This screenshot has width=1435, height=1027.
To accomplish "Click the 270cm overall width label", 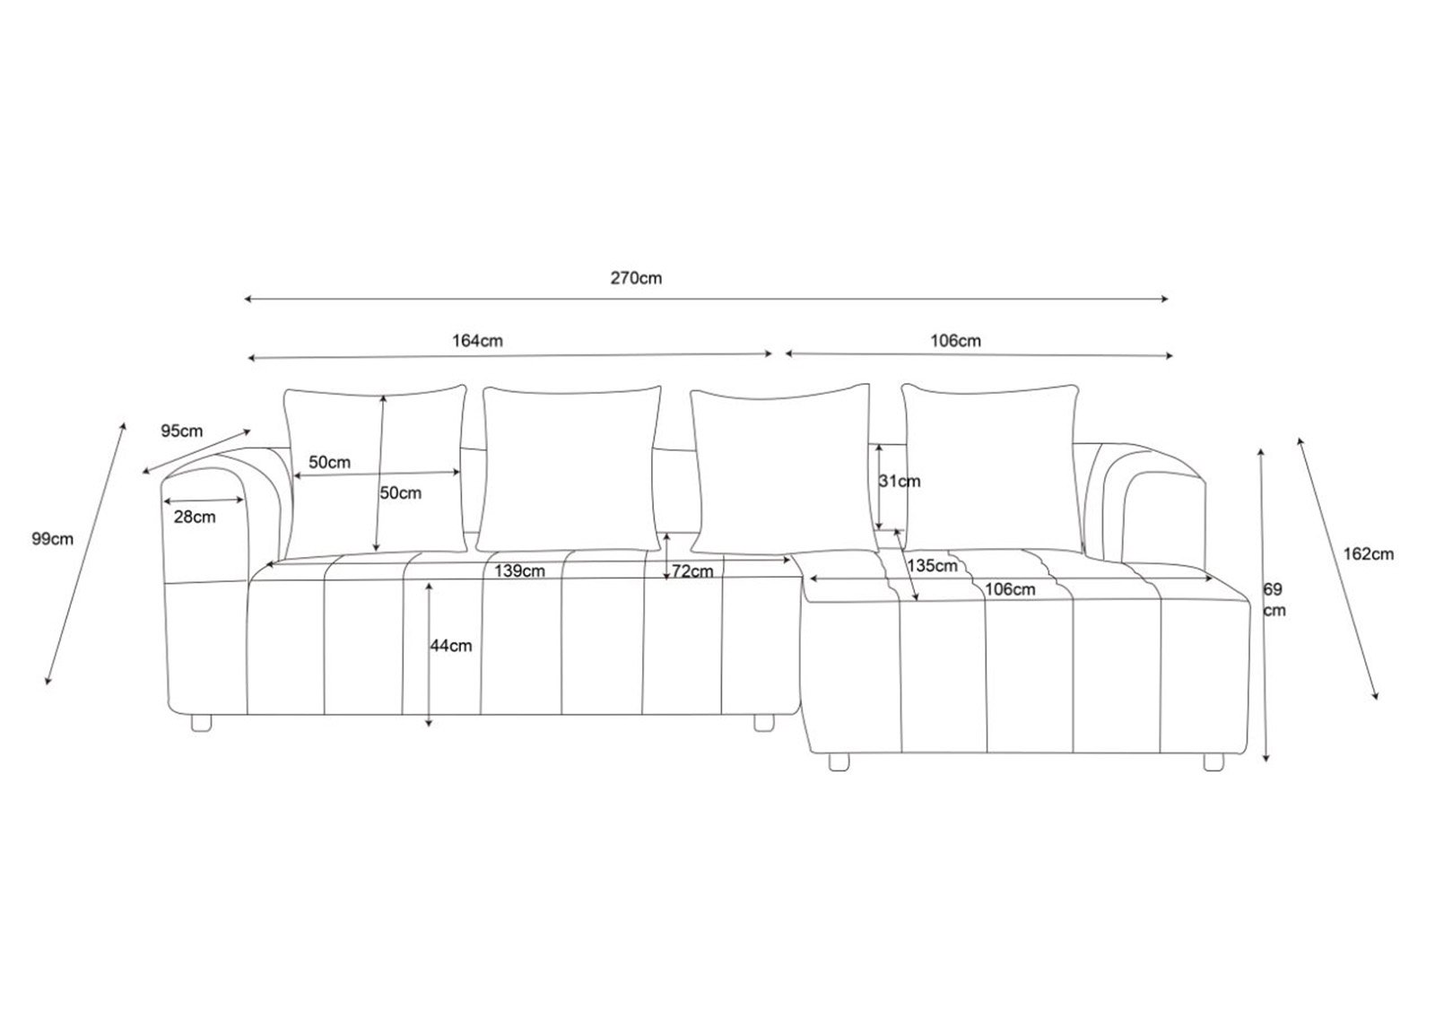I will click(636, 278).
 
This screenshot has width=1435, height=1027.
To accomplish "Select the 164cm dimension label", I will click(477, 341).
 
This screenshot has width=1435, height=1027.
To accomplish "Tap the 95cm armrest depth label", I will click(182, 431).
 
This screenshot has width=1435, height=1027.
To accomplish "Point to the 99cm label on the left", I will click(52, 539).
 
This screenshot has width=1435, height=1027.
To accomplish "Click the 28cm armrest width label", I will click(195, 517).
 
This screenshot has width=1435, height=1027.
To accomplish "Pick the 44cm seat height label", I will click(450, 646).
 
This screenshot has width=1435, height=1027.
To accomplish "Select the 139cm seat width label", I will click(519, 571).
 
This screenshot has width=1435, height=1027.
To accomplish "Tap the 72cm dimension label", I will click(692, 571).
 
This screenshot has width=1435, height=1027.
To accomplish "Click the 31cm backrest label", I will click(900, 482).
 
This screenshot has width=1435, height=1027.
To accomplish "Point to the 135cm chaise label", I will click(932, 566).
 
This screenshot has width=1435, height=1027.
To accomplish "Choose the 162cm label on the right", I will click(1369, 554).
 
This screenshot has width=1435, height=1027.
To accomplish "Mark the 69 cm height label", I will click(1274, 600).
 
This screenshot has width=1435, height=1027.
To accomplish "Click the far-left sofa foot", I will click(202, 720).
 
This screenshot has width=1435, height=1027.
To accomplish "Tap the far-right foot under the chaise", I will click(1213, 762).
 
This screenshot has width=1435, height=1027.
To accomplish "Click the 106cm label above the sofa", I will click(956, 341).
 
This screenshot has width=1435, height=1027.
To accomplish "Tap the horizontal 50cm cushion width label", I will click(329, 463).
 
